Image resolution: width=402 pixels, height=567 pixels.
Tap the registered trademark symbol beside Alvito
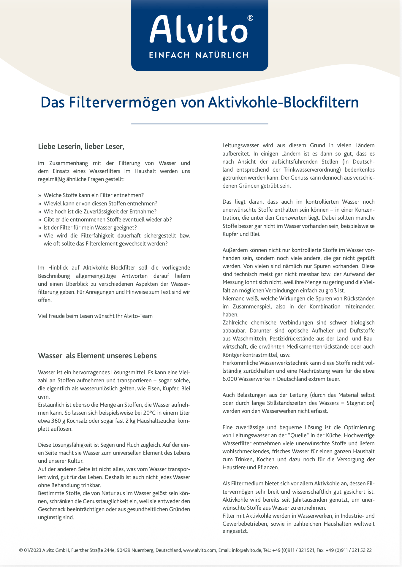point(250,18)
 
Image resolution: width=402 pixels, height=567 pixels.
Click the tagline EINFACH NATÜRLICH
point(199,55)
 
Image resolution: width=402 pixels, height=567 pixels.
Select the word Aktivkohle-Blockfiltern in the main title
point(283,102)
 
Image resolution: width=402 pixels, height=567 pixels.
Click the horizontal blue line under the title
point(200,123)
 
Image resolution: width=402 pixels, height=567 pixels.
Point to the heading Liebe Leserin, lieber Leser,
point(81,147)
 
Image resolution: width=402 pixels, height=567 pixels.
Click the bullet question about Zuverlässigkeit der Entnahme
point(100,211)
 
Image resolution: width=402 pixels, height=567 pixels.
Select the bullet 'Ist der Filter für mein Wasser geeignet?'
point(90,228)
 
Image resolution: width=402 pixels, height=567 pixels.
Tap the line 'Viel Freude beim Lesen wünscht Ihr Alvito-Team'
point(95,316)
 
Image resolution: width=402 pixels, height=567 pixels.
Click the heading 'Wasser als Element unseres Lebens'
point(97,356)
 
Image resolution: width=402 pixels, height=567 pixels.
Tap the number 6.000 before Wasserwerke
point(230,379)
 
